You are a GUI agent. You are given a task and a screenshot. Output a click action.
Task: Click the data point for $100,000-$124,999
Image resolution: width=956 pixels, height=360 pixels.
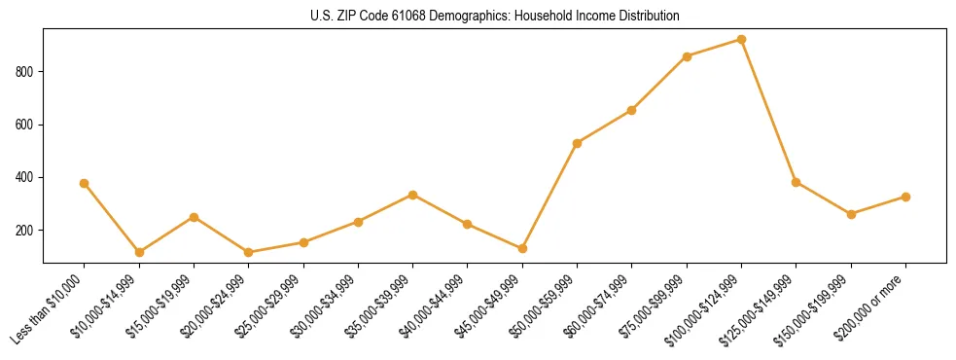click(x=741, y=40)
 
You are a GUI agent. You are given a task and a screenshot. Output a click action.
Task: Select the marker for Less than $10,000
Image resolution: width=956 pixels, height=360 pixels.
click(x=85, y=183)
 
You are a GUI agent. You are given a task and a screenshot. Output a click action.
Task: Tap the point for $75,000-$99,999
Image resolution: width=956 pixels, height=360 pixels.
click(x=687, y=56)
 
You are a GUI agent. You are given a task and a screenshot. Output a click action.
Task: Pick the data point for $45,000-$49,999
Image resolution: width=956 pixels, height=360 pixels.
click(x=522, y=248)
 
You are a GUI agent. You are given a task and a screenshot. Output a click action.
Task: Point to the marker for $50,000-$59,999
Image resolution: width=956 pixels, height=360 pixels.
click(x=578, y=143)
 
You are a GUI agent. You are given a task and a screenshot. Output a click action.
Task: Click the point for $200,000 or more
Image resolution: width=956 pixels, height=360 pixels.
click(x=905, y=197)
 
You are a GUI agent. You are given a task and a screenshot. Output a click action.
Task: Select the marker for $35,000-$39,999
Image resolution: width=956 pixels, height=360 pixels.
click(x=413, y=195)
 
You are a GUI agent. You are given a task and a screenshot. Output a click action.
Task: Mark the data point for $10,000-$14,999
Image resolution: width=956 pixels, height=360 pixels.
click(x=139, y=252)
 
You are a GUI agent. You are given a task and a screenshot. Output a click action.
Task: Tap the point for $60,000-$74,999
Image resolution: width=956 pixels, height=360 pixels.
click(x=632, y=110)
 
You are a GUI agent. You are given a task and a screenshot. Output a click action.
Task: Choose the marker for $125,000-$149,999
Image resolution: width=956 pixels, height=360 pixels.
click(x=797, y=182)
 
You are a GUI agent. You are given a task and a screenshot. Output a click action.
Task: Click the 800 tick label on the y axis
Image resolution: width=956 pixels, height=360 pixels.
click(x=26, y=72)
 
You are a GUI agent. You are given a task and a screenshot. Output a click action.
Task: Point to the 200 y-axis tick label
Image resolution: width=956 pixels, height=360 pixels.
click(x=26, y=231)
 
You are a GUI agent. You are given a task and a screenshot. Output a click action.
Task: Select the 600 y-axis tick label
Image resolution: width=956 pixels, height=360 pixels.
click(x=26, y=125)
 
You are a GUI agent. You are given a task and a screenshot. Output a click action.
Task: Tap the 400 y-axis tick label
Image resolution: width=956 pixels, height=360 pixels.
click(x=26, y=178)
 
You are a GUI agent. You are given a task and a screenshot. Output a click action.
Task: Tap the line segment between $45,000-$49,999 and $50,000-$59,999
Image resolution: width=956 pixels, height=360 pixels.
click(x=550, y=196)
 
